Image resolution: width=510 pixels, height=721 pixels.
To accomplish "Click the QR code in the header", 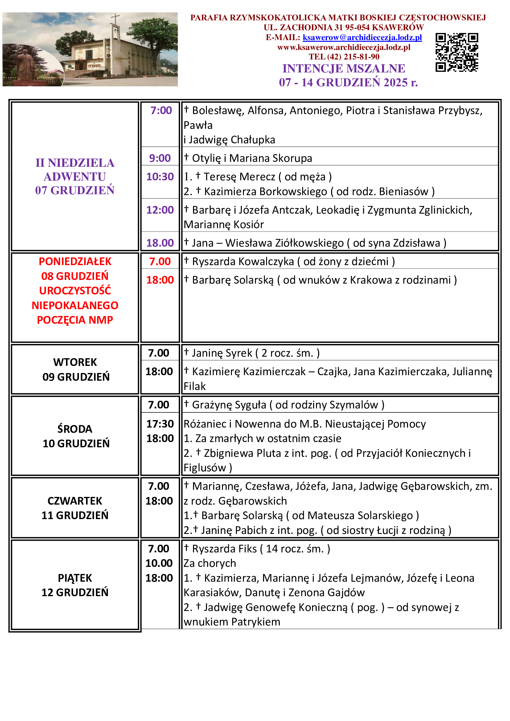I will click(457, 52).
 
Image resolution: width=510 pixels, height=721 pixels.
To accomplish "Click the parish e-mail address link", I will click(362, 38).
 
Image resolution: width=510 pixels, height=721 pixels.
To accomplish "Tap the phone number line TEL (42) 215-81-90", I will click(344, 57).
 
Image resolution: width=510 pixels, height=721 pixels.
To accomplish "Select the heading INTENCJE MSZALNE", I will click(344, 68).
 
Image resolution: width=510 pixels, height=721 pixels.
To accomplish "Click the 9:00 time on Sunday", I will click(160, 158).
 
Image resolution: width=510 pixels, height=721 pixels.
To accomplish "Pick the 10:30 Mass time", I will click(160, 177).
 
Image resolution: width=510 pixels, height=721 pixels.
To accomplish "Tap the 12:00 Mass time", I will click(160, 210).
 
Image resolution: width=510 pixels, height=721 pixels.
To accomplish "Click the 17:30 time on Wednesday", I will click(160, 424).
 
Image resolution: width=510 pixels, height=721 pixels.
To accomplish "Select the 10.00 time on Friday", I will click(159, 563).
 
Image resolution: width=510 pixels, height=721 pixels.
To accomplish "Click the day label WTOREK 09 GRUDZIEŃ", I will click(76, 369).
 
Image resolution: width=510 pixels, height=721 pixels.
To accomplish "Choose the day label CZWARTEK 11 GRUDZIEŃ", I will click(75, 508).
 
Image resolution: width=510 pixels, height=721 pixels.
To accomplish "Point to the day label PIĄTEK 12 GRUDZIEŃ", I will click(75, 585).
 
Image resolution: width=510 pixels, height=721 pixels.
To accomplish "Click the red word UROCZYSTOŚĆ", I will click(75, 290).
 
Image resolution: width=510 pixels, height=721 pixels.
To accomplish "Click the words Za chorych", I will click(209, 563).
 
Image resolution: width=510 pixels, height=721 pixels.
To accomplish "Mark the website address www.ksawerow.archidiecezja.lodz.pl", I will click(344, 47).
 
